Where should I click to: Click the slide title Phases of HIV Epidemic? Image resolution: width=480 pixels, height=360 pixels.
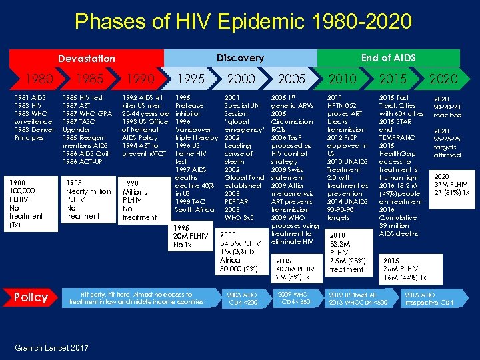(243, 22)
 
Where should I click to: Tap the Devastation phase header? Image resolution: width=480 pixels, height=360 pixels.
(86, 59)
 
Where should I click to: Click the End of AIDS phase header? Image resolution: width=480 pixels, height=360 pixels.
(388, 58)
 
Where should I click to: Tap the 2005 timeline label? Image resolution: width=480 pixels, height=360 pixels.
(291, 79)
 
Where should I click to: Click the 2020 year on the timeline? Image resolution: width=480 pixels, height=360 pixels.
(443, 79)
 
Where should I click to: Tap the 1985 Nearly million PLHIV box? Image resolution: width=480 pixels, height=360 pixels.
(87, 199)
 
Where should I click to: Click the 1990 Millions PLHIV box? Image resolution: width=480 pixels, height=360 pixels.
(141, 199)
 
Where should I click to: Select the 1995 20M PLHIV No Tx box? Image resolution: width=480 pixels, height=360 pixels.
(191, 235)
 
